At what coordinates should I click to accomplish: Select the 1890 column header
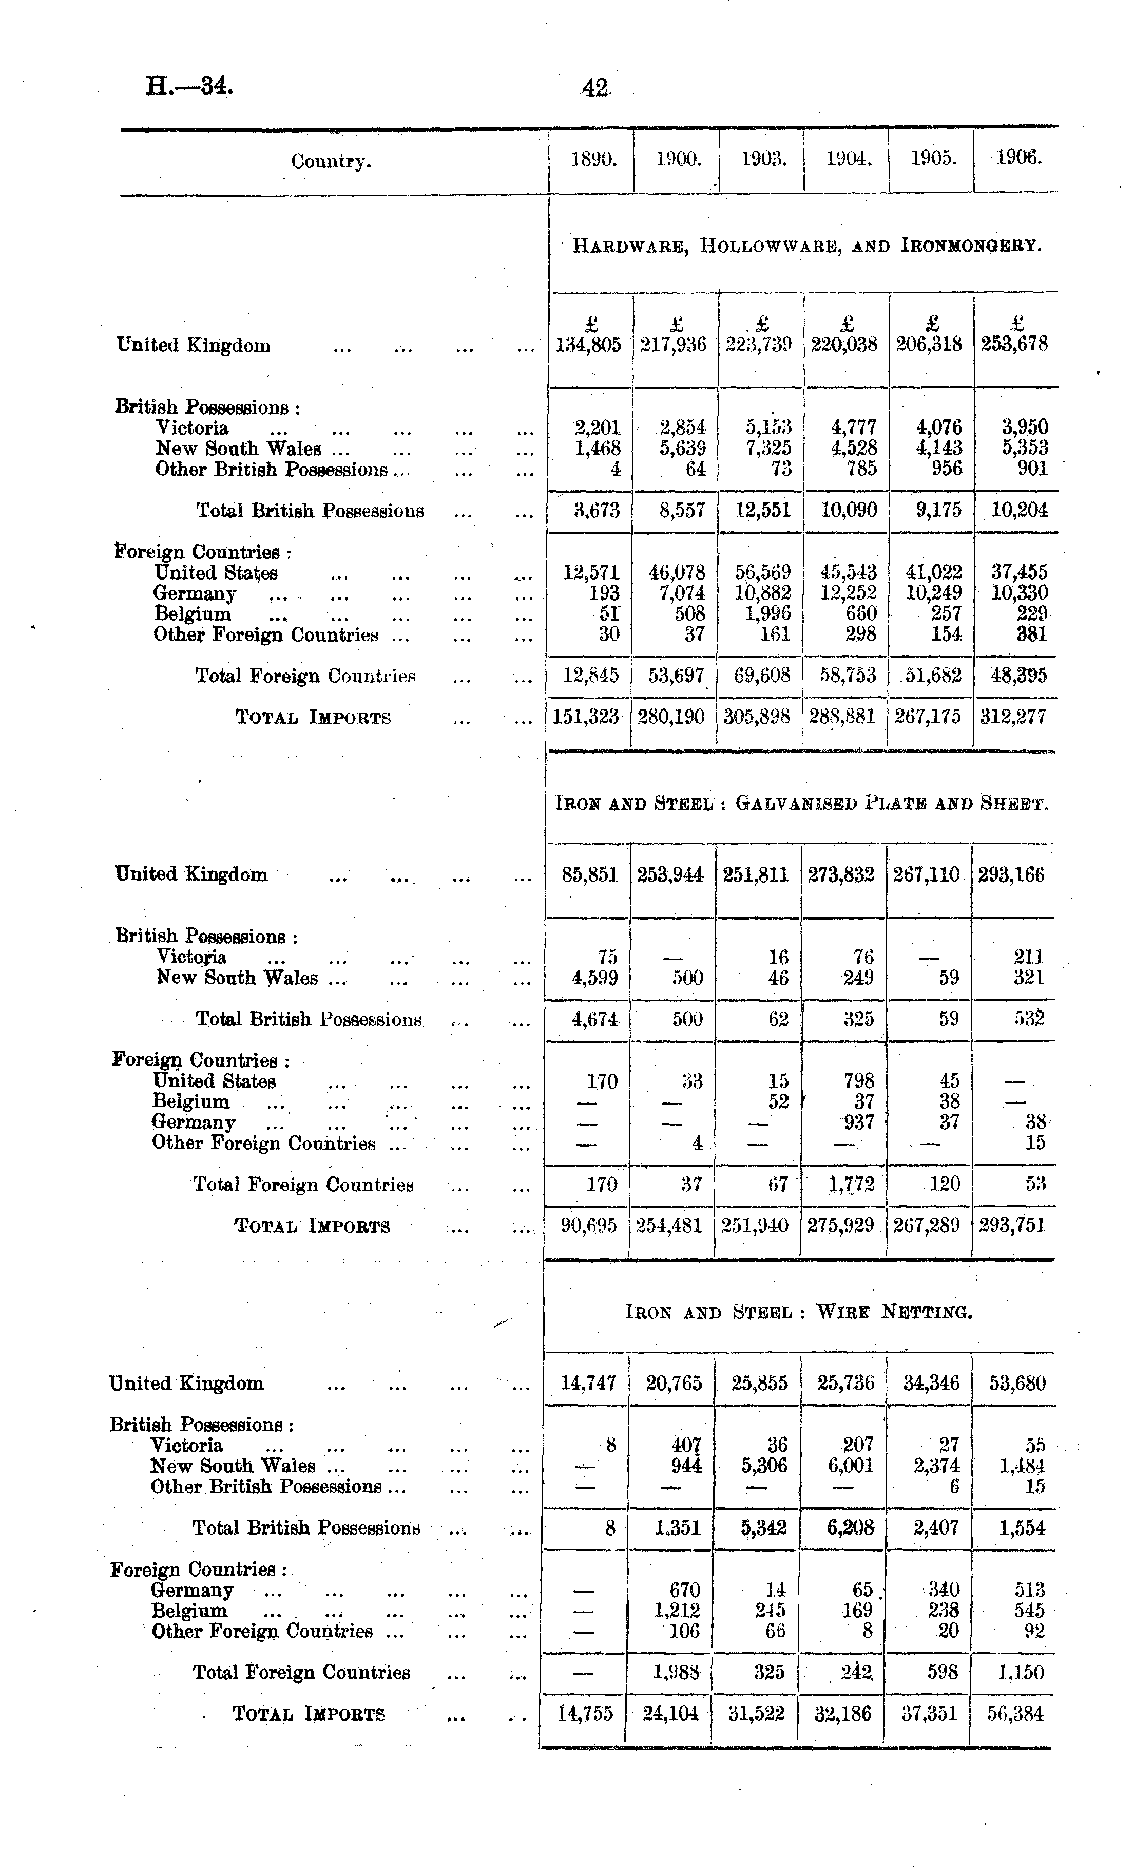point(593,159)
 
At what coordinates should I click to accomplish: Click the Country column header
point(331,161)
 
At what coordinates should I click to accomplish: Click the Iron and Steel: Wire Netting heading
point(799,1312)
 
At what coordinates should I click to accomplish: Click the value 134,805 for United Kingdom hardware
point(589,345)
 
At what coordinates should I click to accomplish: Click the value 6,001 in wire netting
point(851,1466)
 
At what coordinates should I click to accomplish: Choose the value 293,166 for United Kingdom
point(1011,874)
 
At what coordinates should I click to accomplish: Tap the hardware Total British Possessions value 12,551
point(763,510)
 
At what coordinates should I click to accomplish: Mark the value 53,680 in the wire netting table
point(1017,1383)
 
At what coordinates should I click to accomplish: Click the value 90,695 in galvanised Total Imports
point(589,1225)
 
